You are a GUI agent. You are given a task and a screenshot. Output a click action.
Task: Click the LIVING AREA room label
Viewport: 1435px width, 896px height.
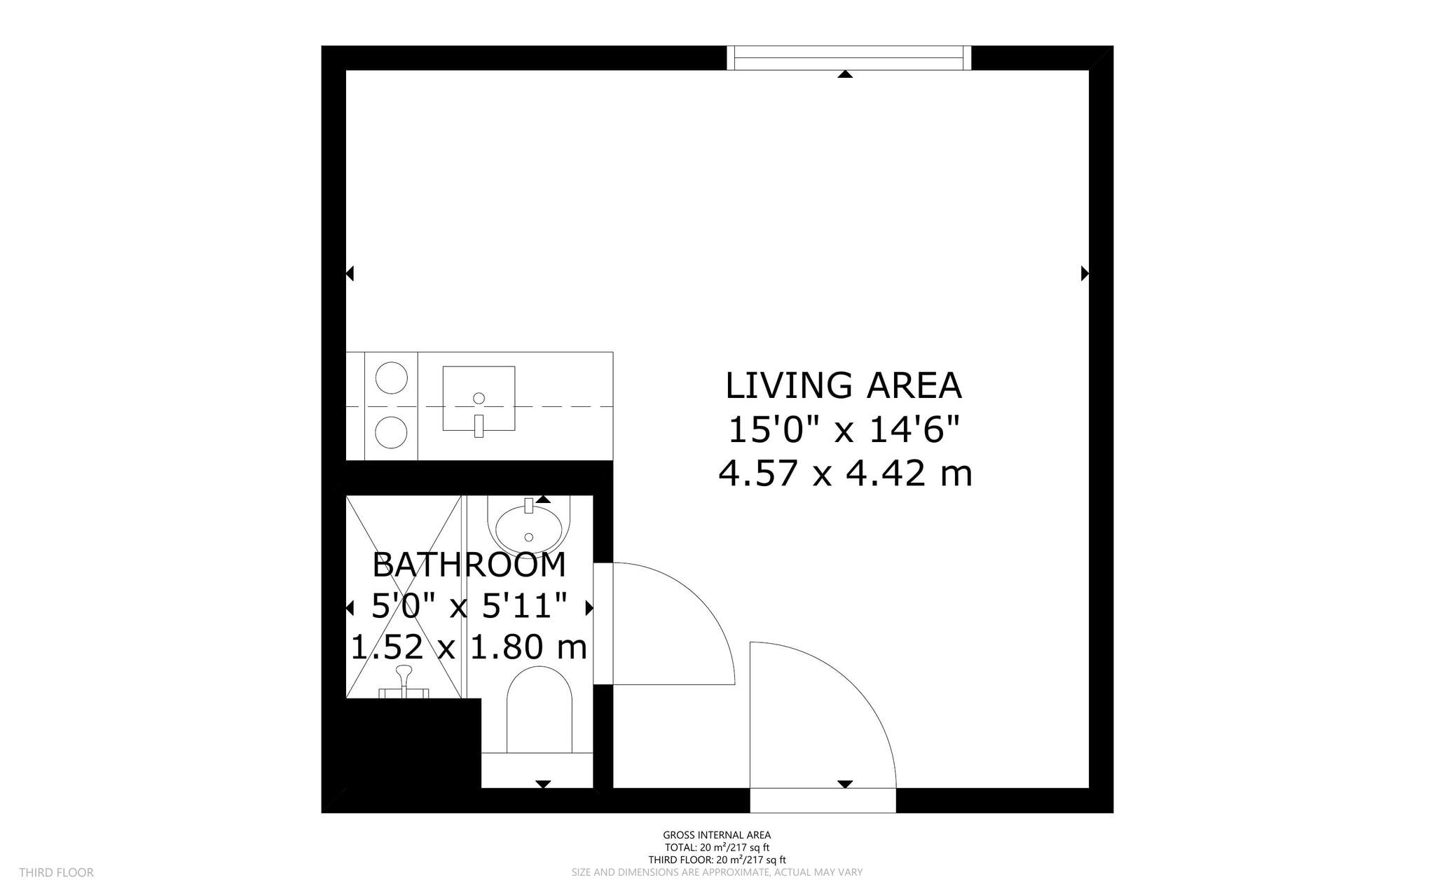(x=843, y=386)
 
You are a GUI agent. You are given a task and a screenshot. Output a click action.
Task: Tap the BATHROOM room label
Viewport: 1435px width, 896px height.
(x=469, y=565)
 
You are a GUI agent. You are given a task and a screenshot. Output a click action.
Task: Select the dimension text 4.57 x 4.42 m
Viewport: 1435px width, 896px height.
(x=845, y=474)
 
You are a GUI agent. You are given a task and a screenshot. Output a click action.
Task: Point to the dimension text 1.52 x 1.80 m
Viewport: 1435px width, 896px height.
(x=468, y=647)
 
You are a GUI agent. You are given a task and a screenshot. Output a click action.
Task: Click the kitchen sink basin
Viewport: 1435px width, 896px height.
(x=479, y=398)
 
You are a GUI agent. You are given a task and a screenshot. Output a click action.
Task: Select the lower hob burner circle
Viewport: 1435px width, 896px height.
(x=391, y=432)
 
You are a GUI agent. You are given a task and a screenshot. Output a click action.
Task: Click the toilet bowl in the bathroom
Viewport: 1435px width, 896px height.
(x=539, y=708)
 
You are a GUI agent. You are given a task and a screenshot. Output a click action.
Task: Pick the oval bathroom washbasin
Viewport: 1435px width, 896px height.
(x=529, y=529)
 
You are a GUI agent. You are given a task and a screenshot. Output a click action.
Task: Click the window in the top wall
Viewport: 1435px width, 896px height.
(x=849, y=58)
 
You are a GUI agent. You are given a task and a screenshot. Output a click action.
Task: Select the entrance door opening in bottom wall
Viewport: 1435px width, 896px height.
(x=823, y=800)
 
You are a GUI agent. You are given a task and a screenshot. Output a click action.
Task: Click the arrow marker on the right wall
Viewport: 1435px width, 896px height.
(x=1085, y=273)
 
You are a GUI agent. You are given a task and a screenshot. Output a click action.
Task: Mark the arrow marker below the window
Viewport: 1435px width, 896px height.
(x=845, y=74)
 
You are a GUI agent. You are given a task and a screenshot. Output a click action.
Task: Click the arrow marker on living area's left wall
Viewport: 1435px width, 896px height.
(x=350, y=273)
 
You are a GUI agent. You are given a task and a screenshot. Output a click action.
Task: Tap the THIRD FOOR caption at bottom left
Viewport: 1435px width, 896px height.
(x=56, y=872)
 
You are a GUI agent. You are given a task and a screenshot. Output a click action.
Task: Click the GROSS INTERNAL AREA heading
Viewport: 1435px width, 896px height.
(x=717, y=834)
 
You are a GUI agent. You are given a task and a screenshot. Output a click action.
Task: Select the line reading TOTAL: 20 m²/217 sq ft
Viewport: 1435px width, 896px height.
(x=717, y=847)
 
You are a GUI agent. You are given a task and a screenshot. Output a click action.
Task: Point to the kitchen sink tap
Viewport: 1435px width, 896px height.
(x=479, y=425)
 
